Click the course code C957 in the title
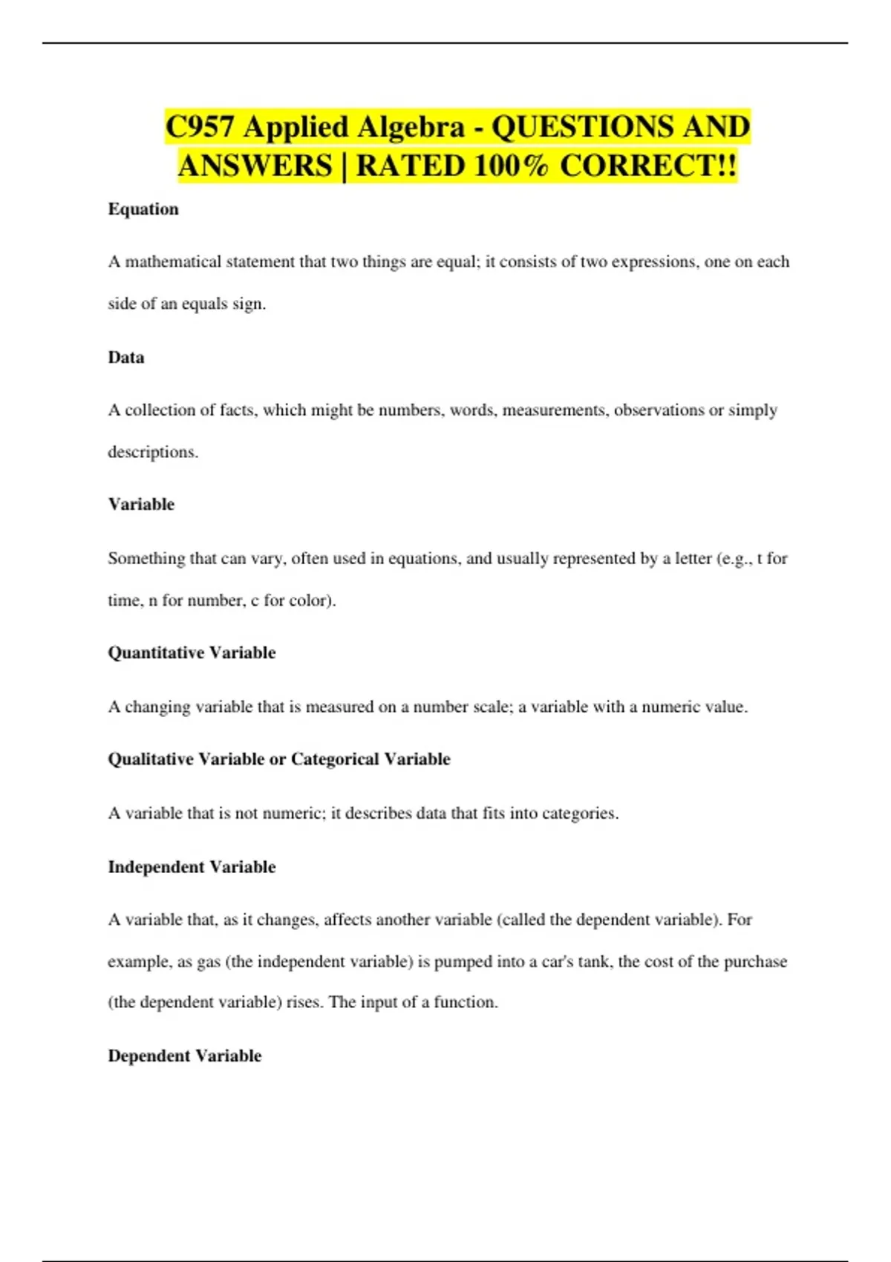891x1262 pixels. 200,127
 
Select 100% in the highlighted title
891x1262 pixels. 511,166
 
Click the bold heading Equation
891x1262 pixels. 143,209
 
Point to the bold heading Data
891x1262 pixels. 126,358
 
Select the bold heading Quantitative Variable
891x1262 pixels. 192,653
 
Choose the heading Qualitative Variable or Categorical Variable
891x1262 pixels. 279,759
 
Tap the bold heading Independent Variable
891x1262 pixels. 192,867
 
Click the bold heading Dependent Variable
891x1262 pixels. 185,1056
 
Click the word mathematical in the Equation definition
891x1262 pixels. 173,262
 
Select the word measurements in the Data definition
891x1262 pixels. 553,411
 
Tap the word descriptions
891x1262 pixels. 153,452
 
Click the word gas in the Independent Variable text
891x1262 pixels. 209,962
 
